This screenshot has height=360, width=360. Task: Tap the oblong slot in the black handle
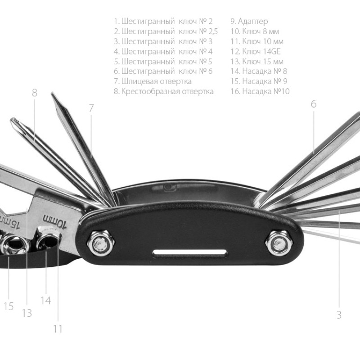pyautogui.click(x=189, y=253)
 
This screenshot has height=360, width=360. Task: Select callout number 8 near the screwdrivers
pyautogui.click(x=35, y=93)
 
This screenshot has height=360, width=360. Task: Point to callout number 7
pyautogui.click(x=91, y=108)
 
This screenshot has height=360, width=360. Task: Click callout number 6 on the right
pyautogui.click(x=314, y=104)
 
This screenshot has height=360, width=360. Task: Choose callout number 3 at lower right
pyautogui.click(x=339, y=315)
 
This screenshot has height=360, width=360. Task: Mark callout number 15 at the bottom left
pyautogui.click(x=9, y=306)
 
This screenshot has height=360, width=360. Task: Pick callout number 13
pyautogui.click(x=27, y=313)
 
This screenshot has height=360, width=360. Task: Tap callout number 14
pyautogui.click(x=45, y=300)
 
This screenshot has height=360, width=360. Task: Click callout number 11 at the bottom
pyautogui.click(x=58, y=329)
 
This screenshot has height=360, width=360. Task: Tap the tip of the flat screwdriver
pyautogui.click(x=53, y=95)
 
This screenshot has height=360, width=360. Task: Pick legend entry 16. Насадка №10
pyautogui.click(x=260, y=91)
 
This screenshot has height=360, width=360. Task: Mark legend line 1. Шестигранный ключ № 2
pyautogui.click(x=163, y=21)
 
